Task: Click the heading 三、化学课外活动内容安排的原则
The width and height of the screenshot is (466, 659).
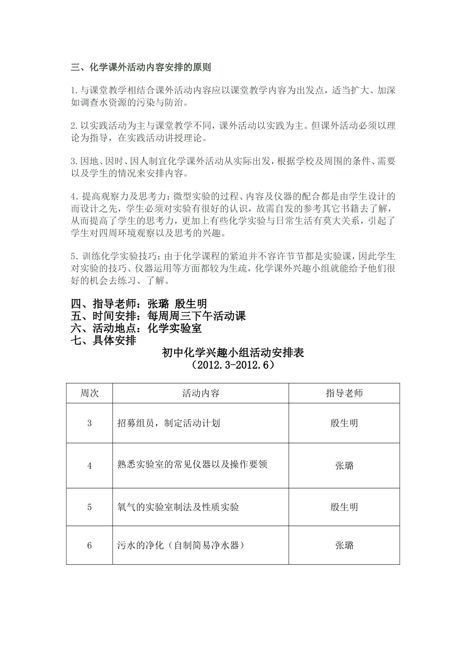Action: click(x=141, y=68)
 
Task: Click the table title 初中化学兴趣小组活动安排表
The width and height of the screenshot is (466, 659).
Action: click(x=233, y=353)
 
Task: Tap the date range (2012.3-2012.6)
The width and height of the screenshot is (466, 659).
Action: click(x=233, y=365)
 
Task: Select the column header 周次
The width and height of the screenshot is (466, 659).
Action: click(x=89, y=393)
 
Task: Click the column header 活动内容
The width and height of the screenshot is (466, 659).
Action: click(x=201, y=393)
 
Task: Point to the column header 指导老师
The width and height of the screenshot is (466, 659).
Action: click(x=344, y=393)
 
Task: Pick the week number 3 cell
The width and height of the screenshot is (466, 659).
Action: click(x=89, y=423)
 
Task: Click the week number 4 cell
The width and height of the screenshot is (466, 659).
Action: click(x=89, y=466)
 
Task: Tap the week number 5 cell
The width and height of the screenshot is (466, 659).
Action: click(x=89, y=507)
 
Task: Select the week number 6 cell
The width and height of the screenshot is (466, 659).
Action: click(x=89, y=545)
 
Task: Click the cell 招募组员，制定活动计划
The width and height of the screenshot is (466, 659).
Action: click(x=168, y=423)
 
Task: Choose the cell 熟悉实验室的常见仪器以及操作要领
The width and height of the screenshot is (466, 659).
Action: click(x=192, y=464)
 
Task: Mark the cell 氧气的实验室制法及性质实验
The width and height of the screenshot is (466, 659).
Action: click(x=179, y=507)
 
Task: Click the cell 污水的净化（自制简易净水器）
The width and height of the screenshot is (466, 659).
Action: click(x=181, y=545)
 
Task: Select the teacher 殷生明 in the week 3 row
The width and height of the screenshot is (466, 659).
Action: click(x=344, y=423)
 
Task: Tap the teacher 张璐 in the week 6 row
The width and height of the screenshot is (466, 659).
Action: click(x=344, y=545)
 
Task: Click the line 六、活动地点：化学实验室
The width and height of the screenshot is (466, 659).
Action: click(x=136, y=329)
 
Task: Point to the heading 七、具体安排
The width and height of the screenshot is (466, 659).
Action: click(x=104, y=340)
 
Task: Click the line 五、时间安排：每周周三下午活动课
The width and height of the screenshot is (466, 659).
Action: click(x=158, y=316)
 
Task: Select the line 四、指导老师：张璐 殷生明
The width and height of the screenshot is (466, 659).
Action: click(x=139, y=304)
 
